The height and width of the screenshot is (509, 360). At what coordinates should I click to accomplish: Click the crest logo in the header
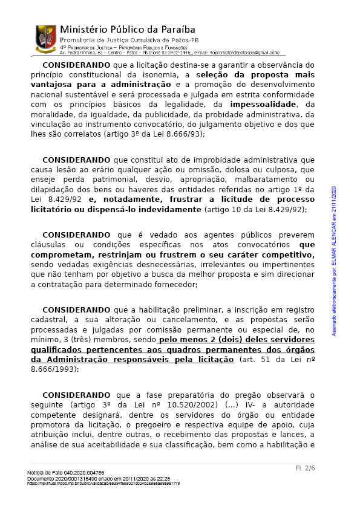click(x=46, y=38)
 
